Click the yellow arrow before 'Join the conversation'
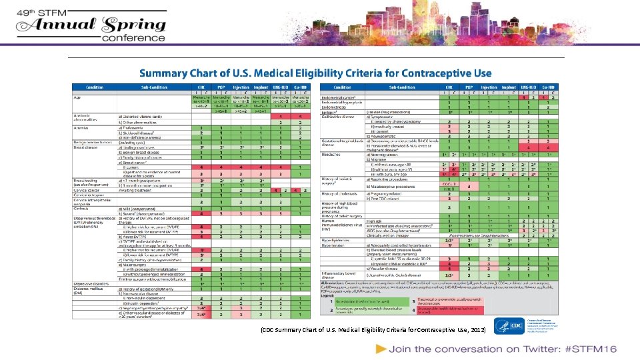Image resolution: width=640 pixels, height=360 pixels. point(381,349)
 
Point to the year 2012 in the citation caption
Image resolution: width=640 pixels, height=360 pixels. point(477,330)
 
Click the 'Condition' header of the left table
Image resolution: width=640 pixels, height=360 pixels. point(94,87)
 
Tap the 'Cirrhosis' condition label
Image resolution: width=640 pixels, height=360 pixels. point(83,209)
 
